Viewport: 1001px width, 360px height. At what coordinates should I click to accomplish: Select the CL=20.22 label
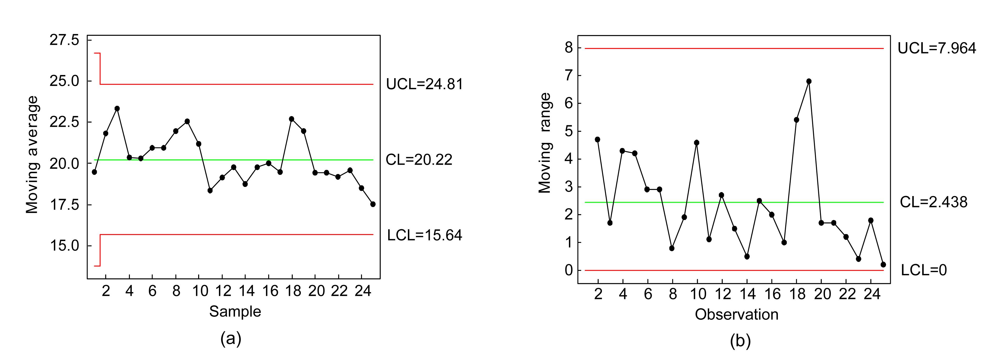point(419,160)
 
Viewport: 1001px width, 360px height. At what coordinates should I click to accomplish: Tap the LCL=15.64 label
point(424,235)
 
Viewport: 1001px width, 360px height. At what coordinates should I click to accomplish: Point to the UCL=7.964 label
point(937,48)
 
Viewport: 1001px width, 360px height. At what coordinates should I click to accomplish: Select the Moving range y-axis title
point(544,143)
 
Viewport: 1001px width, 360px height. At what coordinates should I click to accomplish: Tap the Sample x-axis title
point(235,311)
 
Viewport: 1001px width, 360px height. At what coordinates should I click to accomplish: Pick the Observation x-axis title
point(736,314)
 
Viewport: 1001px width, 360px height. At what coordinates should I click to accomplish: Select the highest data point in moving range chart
point(809,81)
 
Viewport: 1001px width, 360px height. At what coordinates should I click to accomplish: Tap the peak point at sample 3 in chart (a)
point(117,108)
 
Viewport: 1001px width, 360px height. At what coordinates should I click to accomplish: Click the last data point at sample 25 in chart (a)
point(373,204)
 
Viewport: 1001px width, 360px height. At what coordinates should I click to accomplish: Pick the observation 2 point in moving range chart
point(597,139)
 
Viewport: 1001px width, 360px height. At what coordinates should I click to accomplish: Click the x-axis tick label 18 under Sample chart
point(293,291)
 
